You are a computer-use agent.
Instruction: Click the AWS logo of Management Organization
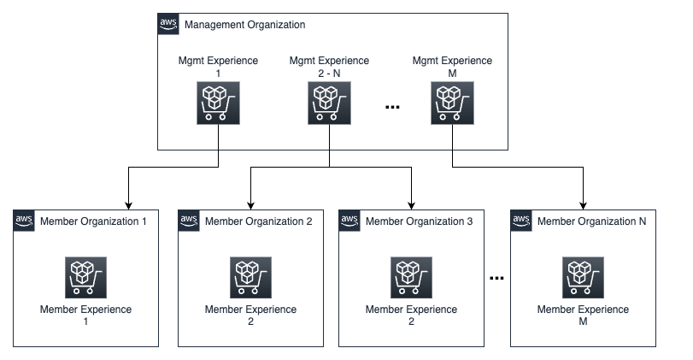pos(168,24)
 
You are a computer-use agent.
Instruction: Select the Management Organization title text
pos(244,25)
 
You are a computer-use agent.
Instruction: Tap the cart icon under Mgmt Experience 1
pos(218,104)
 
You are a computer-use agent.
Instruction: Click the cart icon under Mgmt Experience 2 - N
pos(329,104)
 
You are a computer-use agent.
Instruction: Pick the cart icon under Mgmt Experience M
pos(452,104)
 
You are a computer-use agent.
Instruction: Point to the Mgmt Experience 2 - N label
pos(329,67)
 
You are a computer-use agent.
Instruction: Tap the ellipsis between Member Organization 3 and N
pos(496,277)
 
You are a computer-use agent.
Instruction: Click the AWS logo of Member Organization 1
pos(24,221)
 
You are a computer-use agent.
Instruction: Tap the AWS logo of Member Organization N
pos(520,221)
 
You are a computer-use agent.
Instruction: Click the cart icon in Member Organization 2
pos(250,276)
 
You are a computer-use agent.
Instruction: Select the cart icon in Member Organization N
pos(584,276)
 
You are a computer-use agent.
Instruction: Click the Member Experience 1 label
pos(86,316)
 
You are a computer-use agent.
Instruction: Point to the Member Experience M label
pos(584,316)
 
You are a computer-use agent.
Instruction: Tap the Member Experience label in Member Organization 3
pos(413,316)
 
